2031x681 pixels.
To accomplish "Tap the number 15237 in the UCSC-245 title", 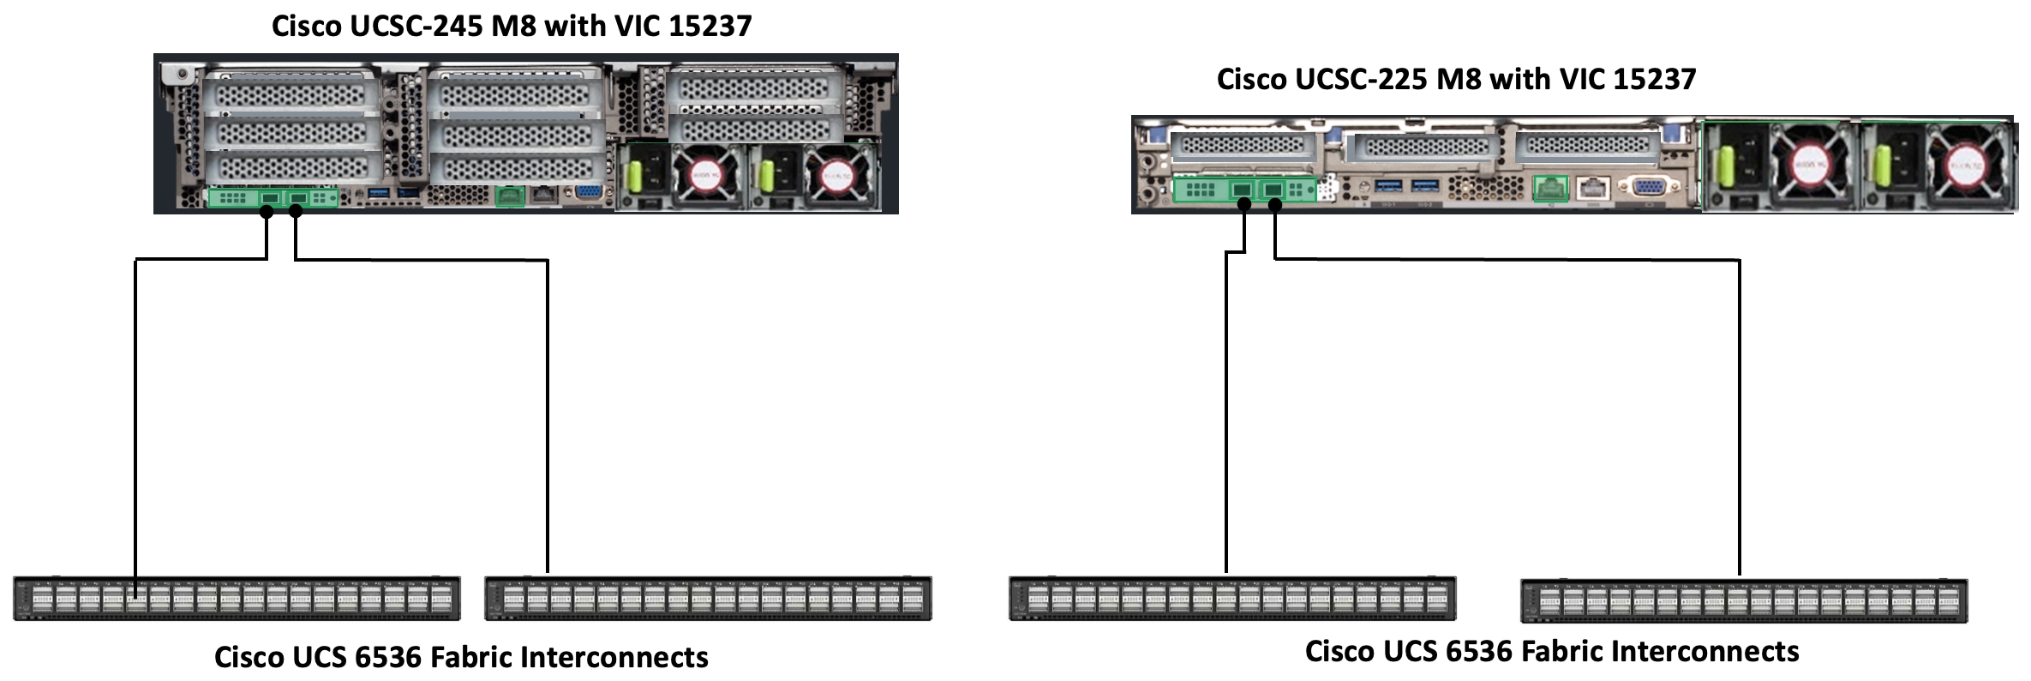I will (710, 26).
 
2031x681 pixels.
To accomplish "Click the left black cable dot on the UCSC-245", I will (267, 212).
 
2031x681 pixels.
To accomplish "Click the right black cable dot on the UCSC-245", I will (296, 211).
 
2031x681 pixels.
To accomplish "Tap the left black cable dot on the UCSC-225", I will (1244, 204).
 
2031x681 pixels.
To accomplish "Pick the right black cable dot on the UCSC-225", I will (1275, 205).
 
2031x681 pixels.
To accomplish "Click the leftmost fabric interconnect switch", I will (237, 598).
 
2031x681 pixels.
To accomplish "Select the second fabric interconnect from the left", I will (708, 598).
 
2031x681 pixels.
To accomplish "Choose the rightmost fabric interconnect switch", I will (1744, 600).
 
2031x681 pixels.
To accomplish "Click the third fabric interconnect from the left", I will (1232, 598).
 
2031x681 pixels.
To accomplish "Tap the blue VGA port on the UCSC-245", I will (588, 194).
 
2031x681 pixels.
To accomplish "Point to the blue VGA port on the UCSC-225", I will (1646, 188).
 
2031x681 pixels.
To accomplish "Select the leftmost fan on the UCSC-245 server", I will (705, 176).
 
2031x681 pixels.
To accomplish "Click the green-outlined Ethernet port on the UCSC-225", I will (1550, 188).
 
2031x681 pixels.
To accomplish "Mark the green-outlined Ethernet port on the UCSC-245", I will (510, 196).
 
